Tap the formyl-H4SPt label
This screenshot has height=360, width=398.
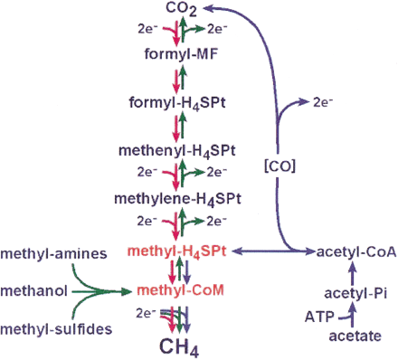[178, 102]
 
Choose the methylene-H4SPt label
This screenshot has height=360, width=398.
[178, 197]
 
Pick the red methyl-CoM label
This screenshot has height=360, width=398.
[178, 290]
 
